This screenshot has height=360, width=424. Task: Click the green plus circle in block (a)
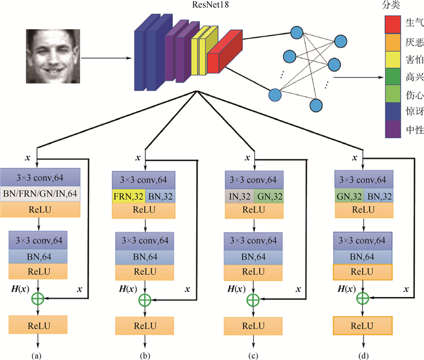click(x=38, y=298)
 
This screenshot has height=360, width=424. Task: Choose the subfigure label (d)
click(x=362, y=353)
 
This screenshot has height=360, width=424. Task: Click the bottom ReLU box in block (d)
click(x=363, y=325)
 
